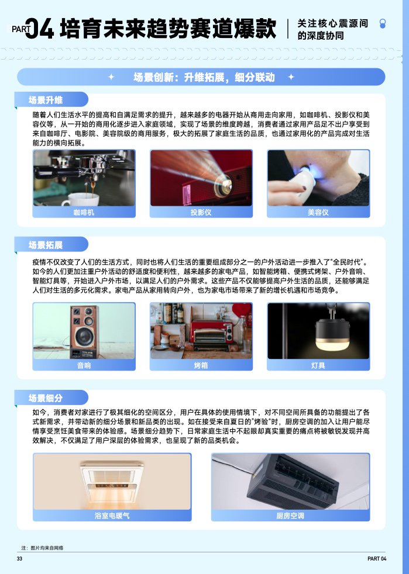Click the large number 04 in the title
[40, 29]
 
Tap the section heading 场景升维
[46, 100]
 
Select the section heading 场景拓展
[46, 245]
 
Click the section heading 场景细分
[46, 398]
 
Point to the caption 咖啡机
[84, 212]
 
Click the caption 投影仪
[201, 212]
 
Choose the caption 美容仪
[318, 212]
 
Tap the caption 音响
[84, 365]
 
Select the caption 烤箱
[201, 365]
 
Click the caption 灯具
[318, 365]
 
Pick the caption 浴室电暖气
[112, 516]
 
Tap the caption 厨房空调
[290, 516]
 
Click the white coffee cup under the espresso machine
[81, 199]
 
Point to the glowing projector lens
[223, 183]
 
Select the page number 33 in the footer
[19, 559]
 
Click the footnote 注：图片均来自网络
[42, 548]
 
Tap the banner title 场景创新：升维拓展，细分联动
[204, 77]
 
